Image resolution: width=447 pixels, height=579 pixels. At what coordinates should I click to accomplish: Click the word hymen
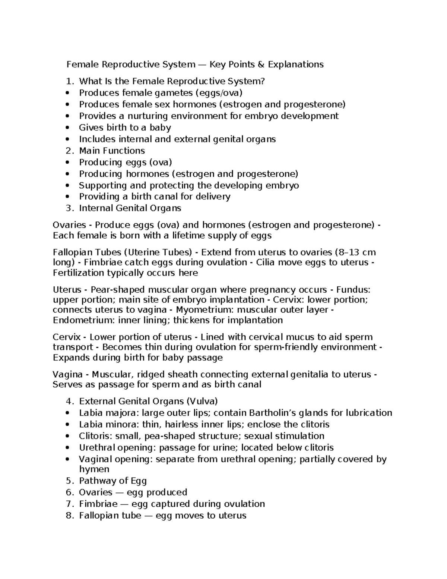94,469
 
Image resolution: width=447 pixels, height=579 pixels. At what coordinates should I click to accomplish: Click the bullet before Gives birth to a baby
67,128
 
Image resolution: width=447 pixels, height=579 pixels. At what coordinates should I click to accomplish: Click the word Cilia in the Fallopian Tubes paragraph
266,262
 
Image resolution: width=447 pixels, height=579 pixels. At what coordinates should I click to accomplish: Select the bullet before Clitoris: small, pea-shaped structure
67,436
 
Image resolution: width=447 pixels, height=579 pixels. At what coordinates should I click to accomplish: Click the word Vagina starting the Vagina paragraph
67,374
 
